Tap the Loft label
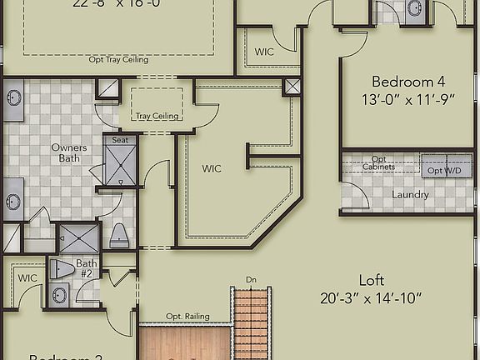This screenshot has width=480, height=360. coord(371,280)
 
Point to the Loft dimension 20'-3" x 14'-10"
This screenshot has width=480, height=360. coord(371,297)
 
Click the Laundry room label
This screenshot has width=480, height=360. coord(411,195)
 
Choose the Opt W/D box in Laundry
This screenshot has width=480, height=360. coord(446,170)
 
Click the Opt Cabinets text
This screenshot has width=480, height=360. coord(379,163)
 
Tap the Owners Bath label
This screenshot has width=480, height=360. coord(68,153)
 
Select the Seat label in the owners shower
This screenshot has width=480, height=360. coord(119,141)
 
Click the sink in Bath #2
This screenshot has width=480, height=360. coord(59,294)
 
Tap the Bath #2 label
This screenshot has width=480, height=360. coord(87,269)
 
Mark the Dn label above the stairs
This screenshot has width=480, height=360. coord(251,279)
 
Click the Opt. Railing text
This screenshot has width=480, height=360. coord(187,317)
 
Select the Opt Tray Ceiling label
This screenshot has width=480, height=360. coord(118,60)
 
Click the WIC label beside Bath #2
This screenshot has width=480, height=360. coord(27,278)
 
